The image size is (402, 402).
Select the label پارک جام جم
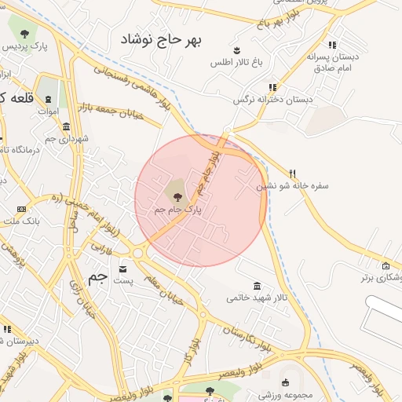tap(177, 210)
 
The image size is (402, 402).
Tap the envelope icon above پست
tap(121, 268)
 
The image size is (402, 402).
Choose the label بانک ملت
tap(21, 223)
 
